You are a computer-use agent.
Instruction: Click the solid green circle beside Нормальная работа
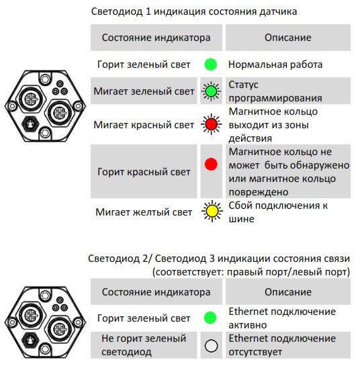click(x=211, y=64)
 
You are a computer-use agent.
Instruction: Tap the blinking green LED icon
click(x=211, y=91)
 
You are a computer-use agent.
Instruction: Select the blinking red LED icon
click(x=211, y=124)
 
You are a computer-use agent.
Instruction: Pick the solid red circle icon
click(x=211, y=164)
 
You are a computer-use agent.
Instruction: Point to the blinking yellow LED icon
click(x=212, y=212)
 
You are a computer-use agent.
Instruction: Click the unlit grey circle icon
click(x=212, y=346)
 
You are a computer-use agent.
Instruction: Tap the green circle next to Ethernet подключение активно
click(x=210, y=318)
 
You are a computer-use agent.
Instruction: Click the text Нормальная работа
click(x=275, y=64)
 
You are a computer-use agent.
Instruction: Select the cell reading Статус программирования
click(x=275, y=91)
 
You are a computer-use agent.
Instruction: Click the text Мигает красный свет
click(x=144, y=125)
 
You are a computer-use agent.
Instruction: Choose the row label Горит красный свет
click(x=144, y=172)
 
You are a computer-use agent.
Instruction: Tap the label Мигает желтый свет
click(x=144, y=212)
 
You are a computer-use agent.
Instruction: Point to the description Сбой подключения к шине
click(x=278, y=212)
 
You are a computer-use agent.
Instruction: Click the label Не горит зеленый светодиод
click(x=144, y=345)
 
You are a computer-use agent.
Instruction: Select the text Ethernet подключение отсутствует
click(x=282, y=345)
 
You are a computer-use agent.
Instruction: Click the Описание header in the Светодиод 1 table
click(x=288, y=38)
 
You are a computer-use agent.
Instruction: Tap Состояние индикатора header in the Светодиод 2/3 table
click(x=156, y=292)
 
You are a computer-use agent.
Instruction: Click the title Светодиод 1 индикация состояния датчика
click(x=194, y=11)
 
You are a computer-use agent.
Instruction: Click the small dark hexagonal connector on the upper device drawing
click(x=30, y=124)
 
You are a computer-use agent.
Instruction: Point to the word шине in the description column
click(x=241, y=219)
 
